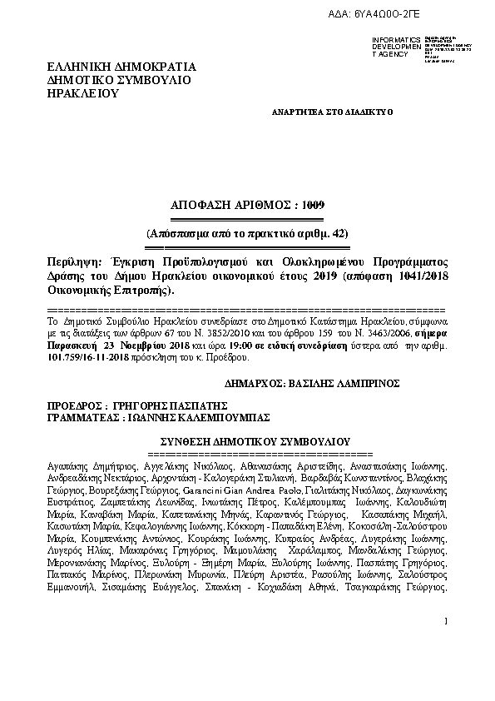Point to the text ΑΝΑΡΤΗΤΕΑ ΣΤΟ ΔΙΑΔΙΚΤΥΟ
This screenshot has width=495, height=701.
333,111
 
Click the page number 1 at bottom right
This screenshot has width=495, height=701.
446,644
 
